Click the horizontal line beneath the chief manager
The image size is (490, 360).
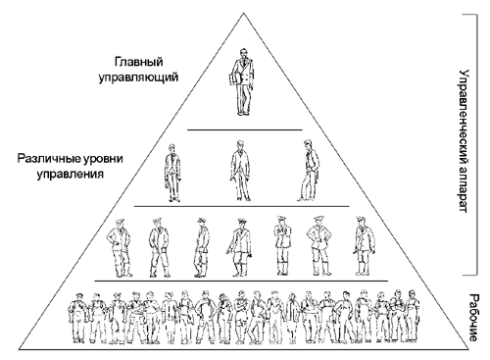(x=245, y=129)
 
